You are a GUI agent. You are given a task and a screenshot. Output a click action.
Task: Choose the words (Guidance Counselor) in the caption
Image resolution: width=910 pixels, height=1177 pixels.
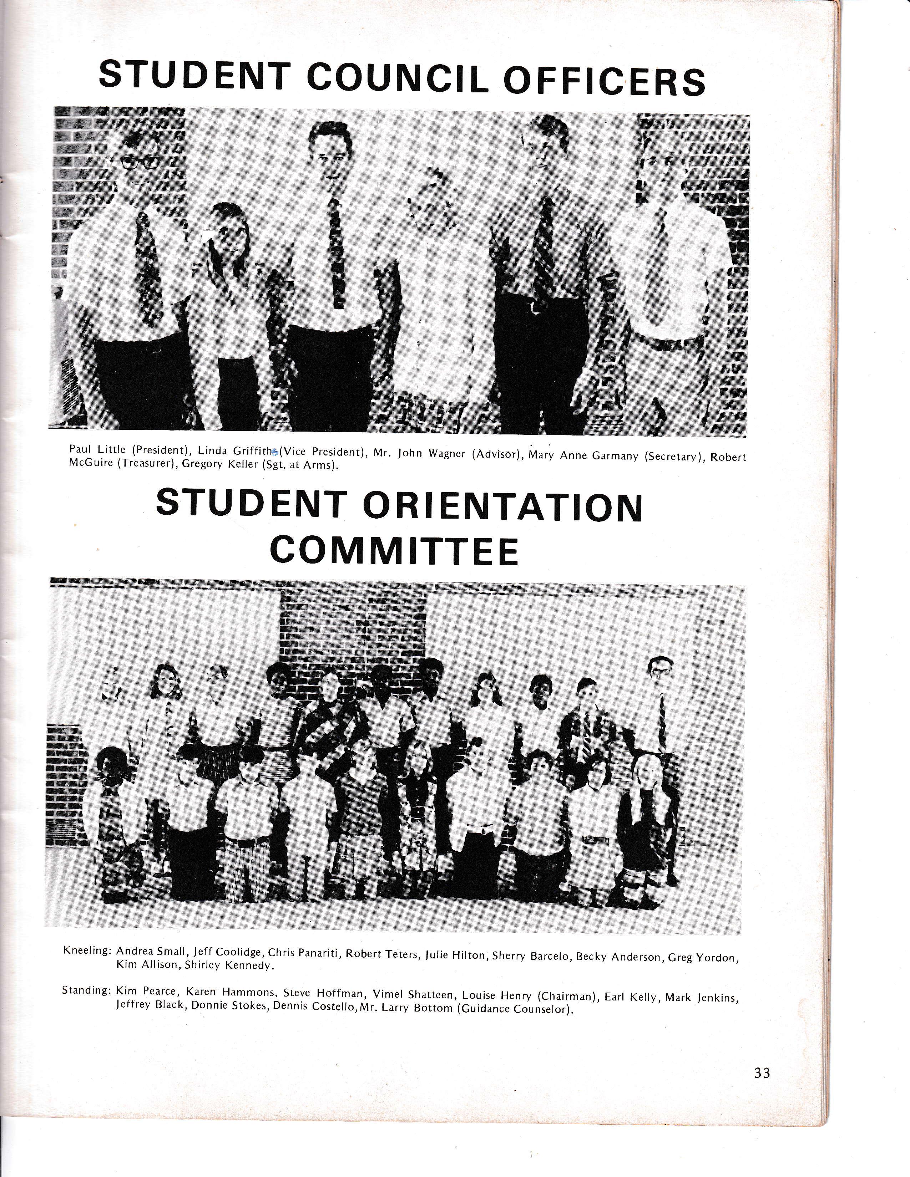click(x=514, y=1008)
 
